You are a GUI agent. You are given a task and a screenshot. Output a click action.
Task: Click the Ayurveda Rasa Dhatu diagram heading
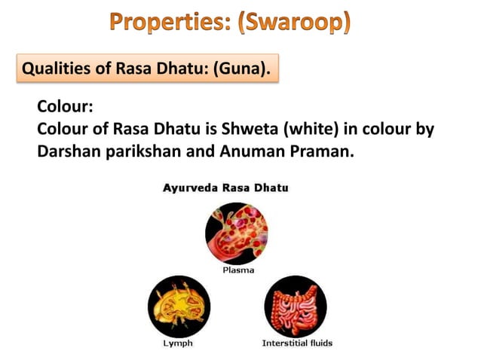pyautogui.click(x=225, y=188)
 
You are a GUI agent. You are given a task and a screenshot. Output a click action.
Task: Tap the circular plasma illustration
pyautogui.click(x=237, y=233)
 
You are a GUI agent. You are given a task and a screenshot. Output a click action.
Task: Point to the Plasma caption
pyautogui.click(x=237, y=270)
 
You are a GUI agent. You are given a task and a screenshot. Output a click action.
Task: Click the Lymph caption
pyautogui.click(x=178, y=343)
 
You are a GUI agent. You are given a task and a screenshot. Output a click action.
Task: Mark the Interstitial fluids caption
pyautogui.click(x=296, y=343)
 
